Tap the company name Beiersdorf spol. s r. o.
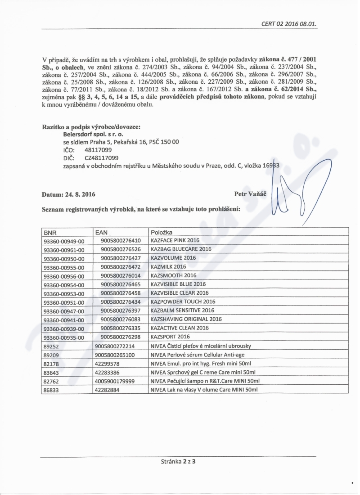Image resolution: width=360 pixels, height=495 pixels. [x=93, y=134]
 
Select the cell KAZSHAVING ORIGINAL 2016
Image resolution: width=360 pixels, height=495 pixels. [x=186, y=319]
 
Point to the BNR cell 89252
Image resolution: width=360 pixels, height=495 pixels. [x=51, y=346]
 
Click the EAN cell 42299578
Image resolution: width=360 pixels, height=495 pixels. [x=107, y=363]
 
